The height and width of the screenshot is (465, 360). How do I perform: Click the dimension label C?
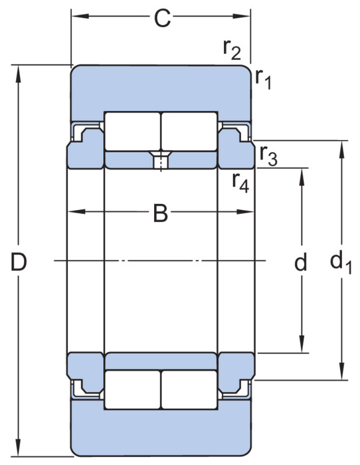[162, 19]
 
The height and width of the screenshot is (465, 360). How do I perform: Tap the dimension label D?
[19, 262]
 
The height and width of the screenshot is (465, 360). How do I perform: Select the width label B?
[161, 213]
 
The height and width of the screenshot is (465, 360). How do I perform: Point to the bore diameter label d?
[301, 262]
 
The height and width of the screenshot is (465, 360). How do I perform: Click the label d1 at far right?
[341, 262]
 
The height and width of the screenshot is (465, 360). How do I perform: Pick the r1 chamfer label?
[263, 78]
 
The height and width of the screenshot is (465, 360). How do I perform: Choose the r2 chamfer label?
[232, 49]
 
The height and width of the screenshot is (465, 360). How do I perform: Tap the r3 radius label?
[268, 155]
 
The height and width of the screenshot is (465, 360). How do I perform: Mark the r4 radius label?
[240, 182]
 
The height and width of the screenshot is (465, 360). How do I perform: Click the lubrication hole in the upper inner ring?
[161, 160]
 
